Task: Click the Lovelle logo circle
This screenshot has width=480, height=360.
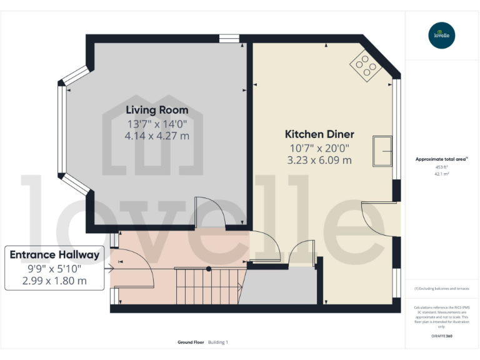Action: (442, 35)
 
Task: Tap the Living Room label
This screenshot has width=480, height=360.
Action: (157, 110)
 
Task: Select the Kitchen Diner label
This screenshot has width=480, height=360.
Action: (319, 134)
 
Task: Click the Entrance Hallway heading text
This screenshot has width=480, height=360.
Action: (54, 254)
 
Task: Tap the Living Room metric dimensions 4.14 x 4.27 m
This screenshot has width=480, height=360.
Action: (157, 136)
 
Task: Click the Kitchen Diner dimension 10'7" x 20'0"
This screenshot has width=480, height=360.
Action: (319, 148)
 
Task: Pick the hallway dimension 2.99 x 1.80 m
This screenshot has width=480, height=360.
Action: (54, 281)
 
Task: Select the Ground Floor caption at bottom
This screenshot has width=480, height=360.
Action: (190, 342)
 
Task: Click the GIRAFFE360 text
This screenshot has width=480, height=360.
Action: (442, 337)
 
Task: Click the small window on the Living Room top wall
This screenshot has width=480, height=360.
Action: (229, 39)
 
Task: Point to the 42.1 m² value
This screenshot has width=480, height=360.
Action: (442, 174)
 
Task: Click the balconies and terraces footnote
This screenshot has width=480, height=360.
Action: (442, 288)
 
